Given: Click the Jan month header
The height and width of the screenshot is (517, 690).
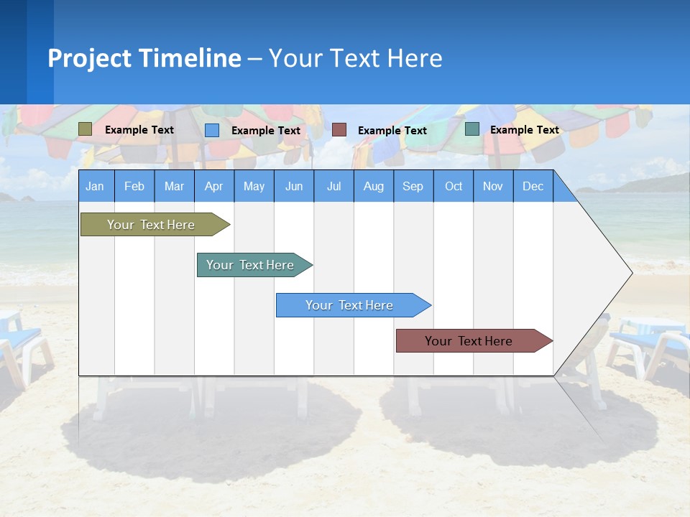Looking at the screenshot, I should pos(95,186).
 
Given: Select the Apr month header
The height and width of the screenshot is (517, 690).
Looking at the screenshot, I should pos(213,186).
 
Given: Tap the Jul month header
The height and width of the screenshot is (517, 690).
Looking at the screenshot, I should pos(333,186).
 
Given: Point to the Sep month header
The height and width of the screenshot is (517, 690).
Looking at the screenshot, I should pos(413,186).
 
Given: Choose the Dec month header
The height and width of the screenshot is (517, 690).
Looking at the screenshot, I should pos(533,186).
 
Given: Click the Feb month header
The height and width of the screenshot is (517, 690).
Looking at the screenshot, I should pos(134,186).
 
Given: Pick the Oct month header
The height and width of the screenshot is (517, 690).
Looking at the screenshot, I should pos(454,186).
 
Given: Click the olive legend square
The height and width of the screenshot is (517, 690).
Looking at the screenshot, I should pos(85,129).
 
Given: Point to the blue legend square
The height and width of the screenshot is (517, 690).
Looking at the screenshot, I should pos(212,130).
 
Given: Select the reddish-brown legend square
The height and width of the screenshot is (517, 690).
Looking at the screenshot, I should pos(339,130).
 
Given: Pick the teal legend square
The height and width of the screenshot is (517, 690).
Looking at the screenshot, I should pos(472,129).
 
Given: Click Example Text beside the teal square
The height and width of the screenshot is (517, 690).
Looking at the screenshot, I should pos(524,130).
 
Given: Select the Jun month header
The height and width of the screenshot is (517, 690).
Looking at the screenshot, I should pos(294,186).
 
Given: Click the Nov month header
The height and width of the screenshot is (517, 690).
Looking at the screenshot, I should pos(493,186).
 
